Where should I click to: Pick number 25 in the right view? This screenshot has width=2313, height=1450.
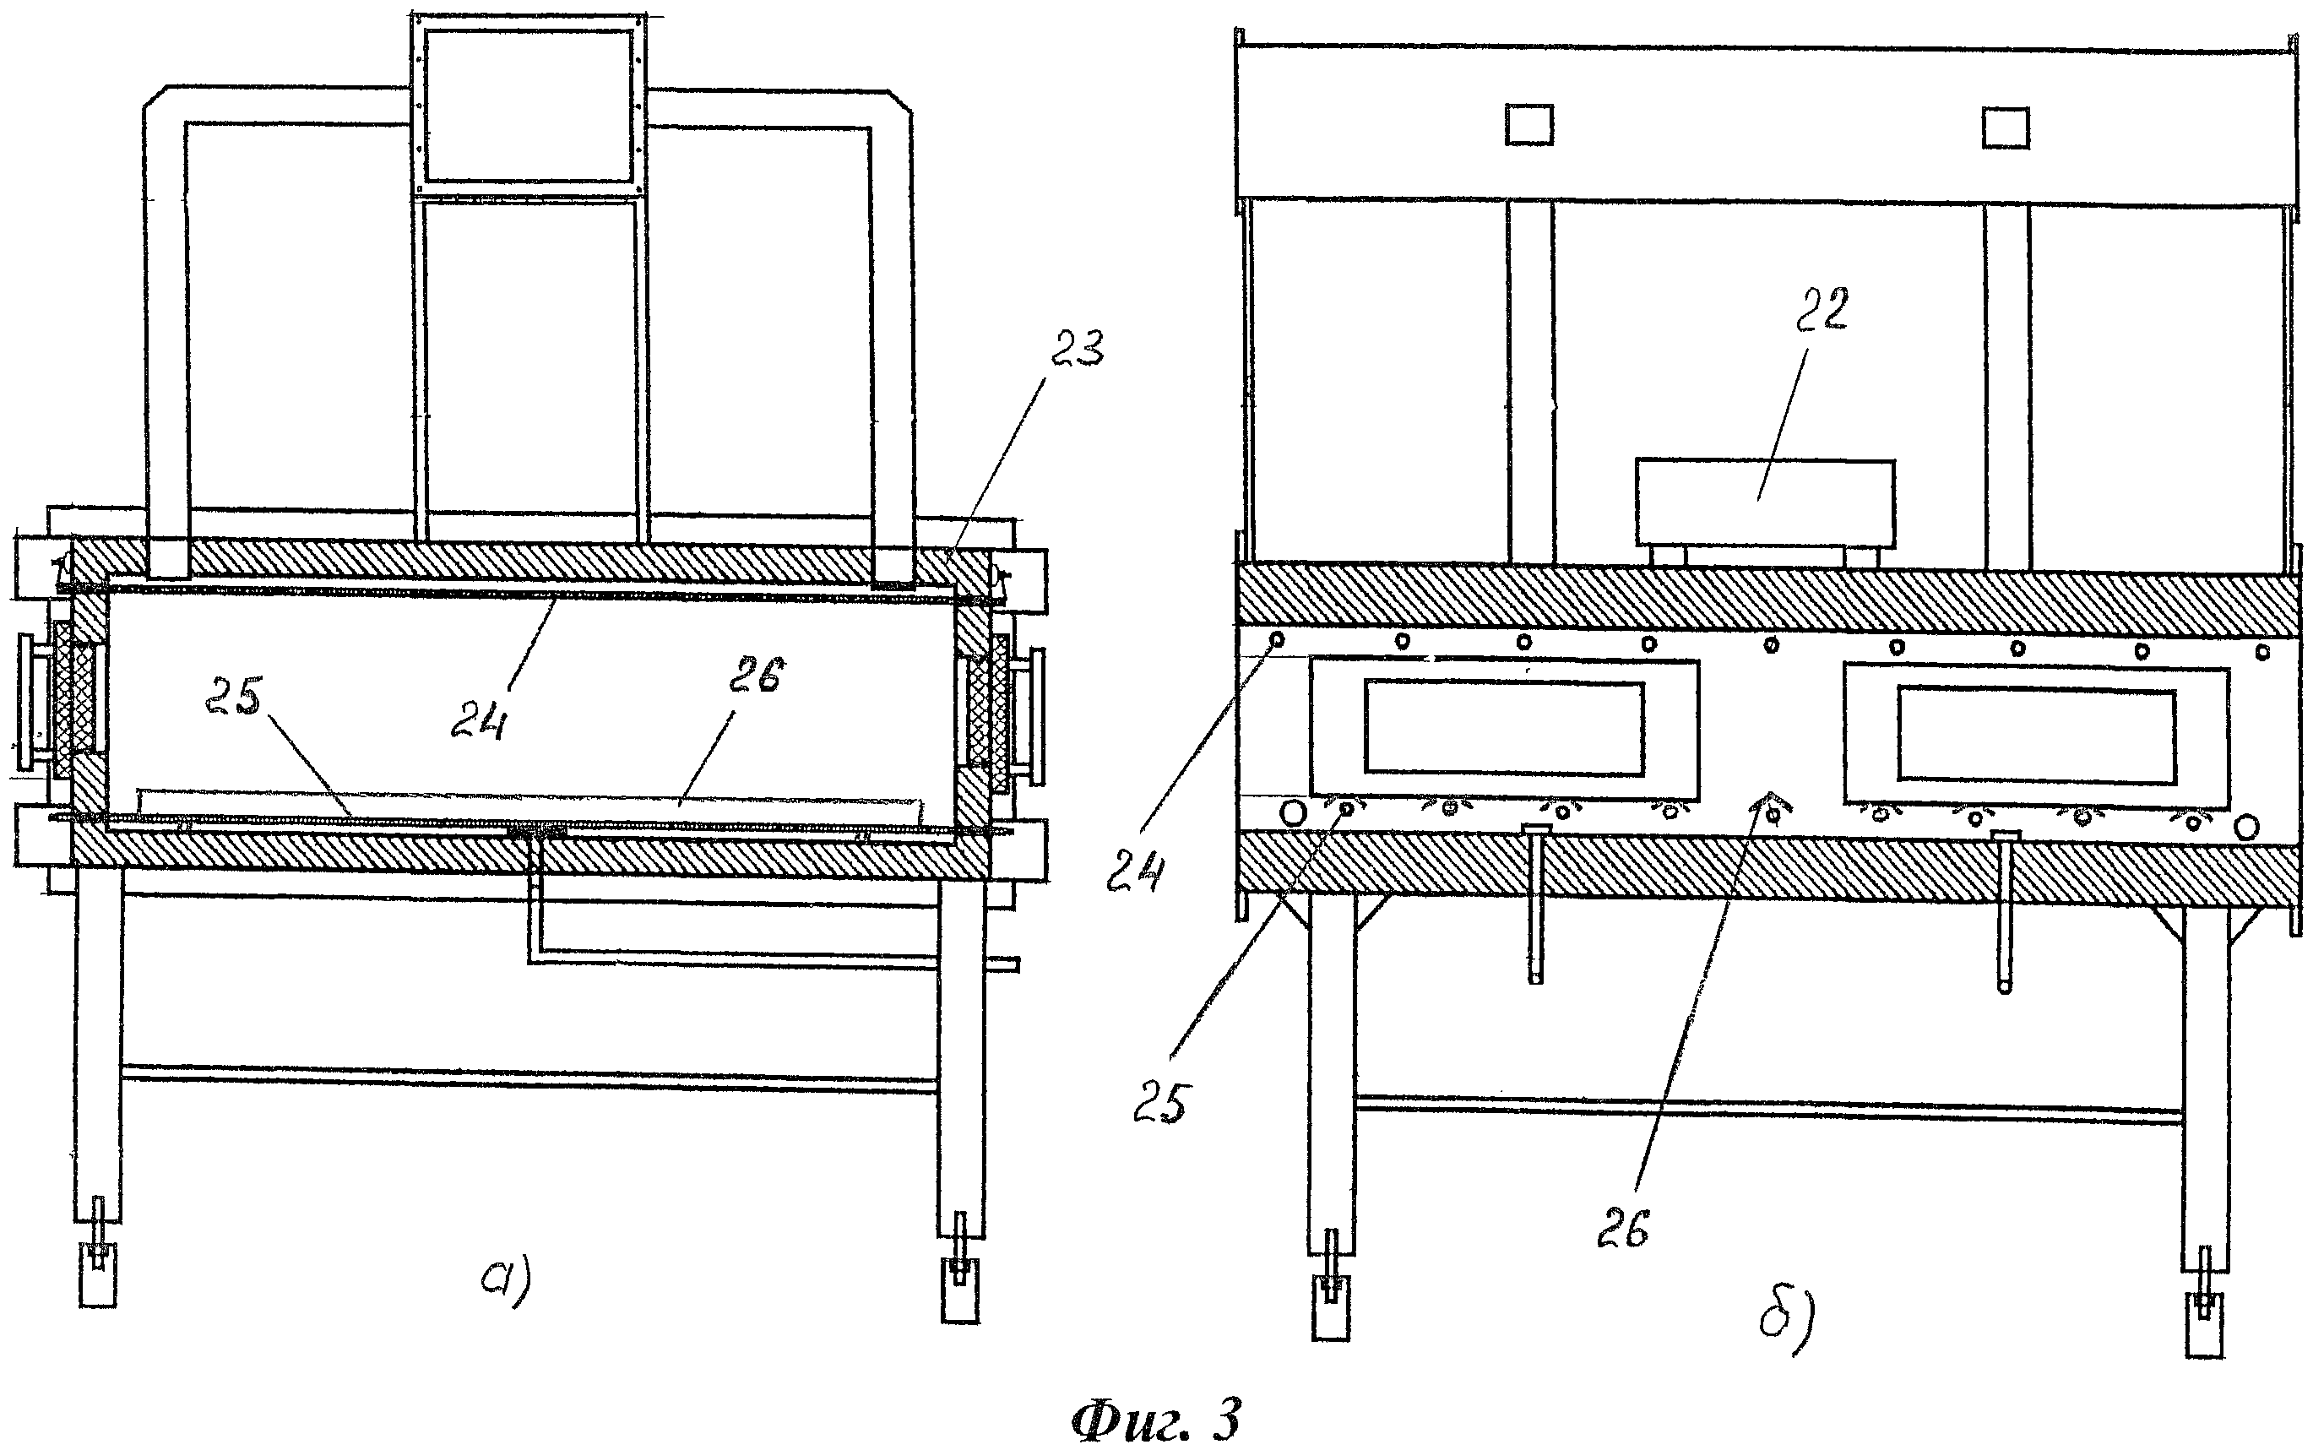click(1160, 1104)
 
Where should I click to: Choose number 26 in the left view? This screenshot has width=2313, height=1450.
click(756, 677)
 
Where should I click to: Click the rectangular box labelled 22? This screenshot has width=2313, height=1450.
click(1764, 503)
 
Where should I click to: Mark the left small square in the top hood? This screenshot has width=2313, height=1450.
click(1528, 126)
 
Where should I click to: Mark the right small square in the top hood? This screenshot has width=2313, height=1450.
click(2005, 128)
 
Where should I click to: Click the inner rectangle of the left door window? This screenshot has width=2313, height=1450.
click(1504, 727)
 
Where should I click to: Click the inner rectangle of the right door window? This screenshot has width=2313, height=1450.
click(2036, 736)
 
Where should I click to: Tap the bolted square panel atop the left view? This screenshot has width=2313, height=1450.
click(529, 105)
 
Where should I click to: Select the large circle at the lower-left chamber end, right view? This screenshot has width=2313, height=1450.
click(1293, 813)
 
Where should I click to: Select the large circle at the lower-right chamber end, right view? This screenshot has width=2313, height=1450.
click(2247, 826)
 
